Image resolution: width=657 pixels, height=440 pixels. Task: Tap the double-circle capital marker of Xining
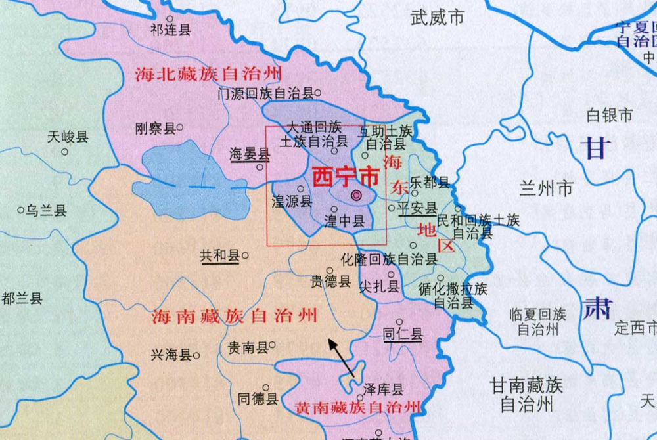[x=356, y=195]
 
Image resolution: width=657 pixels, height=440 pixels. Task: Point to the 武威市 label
[x=438, y=17]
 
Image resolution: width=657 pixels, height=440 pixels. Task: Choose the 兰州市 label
[x=546, y=190]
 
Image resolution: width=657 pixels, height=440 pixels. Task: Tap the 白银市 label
[x=610, y=116]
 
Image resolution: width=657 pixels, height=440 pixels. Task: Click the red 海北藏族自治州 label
[x=208, y=74]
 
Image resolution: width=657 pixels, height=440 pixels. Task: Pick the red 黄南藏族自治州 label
[x=358, y=407]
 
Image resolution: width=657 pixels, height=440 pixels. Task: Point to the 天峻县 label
[x=68, y=137]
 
